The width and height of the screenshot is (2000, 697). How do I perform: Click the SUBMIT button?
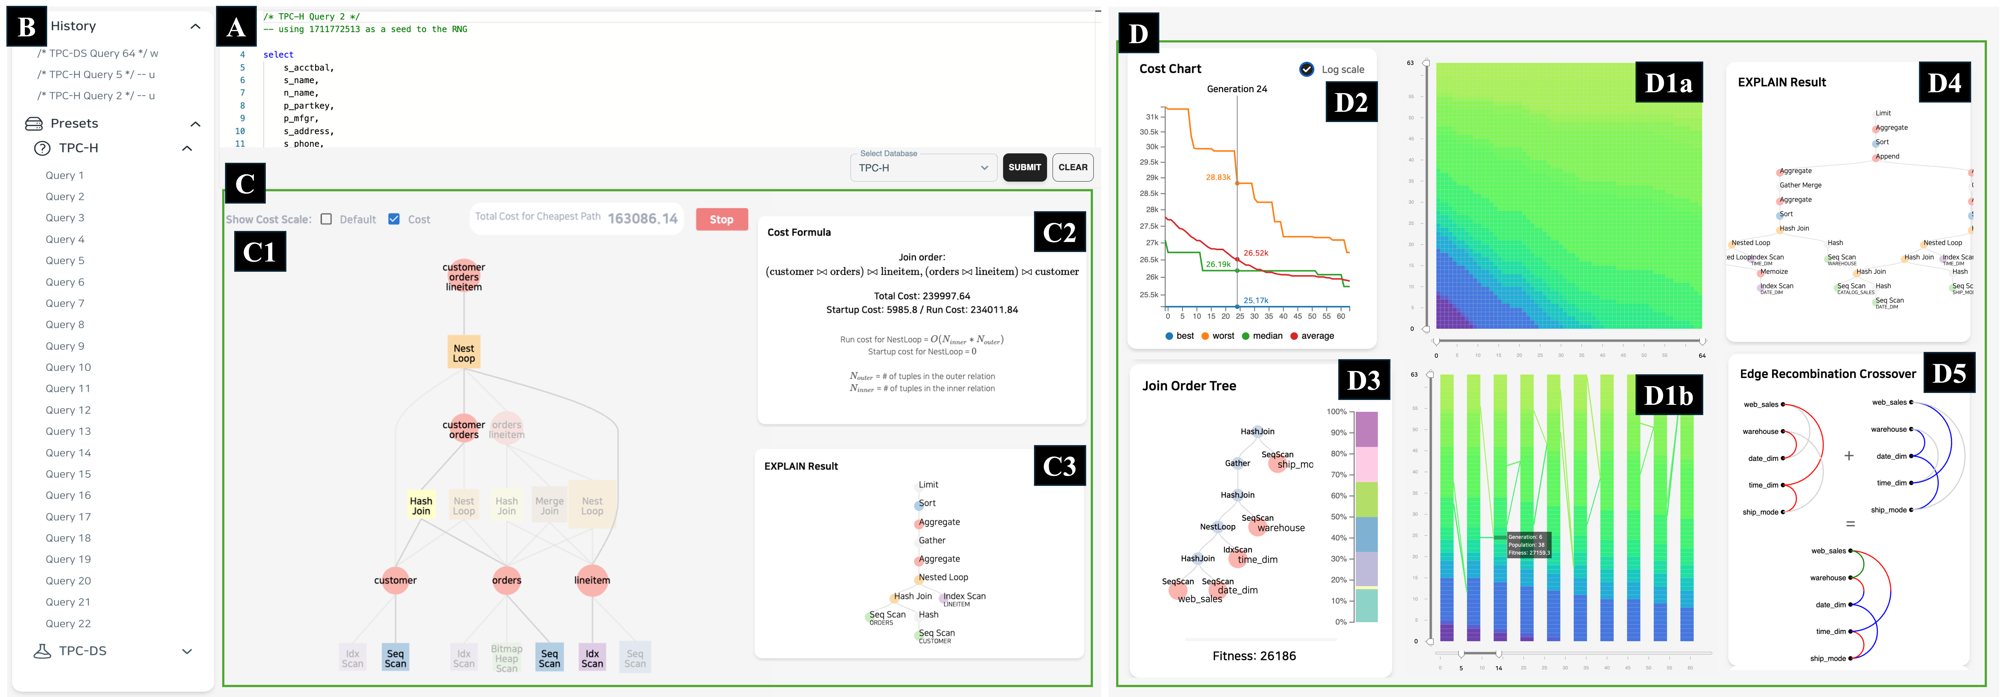(x=1024, y=167)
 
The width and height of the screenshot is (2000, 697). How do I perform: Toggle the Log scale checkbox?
(x=1307, y=69)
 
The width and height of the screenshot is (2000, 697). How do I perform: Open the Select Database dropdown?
(x=922, y=168)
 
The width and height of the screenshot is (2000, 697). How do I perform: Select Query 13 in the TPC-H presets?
(x=68, y=431)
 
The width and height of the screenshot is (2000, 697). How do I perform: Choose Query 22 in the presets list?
(x=68, y=623)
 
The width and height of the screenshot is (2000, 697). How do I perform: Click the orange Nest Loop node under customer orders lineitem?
(x=464, y=353)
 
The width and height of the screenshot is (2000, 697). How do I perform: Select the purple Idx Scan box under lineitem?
(x=592, y=658)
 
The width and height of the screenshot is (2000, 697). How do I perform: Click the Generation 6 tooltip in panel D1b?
(x=1528, y=544)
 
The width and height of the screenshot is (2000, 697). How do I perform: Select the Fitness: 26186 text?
(x=1254, y=656)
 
